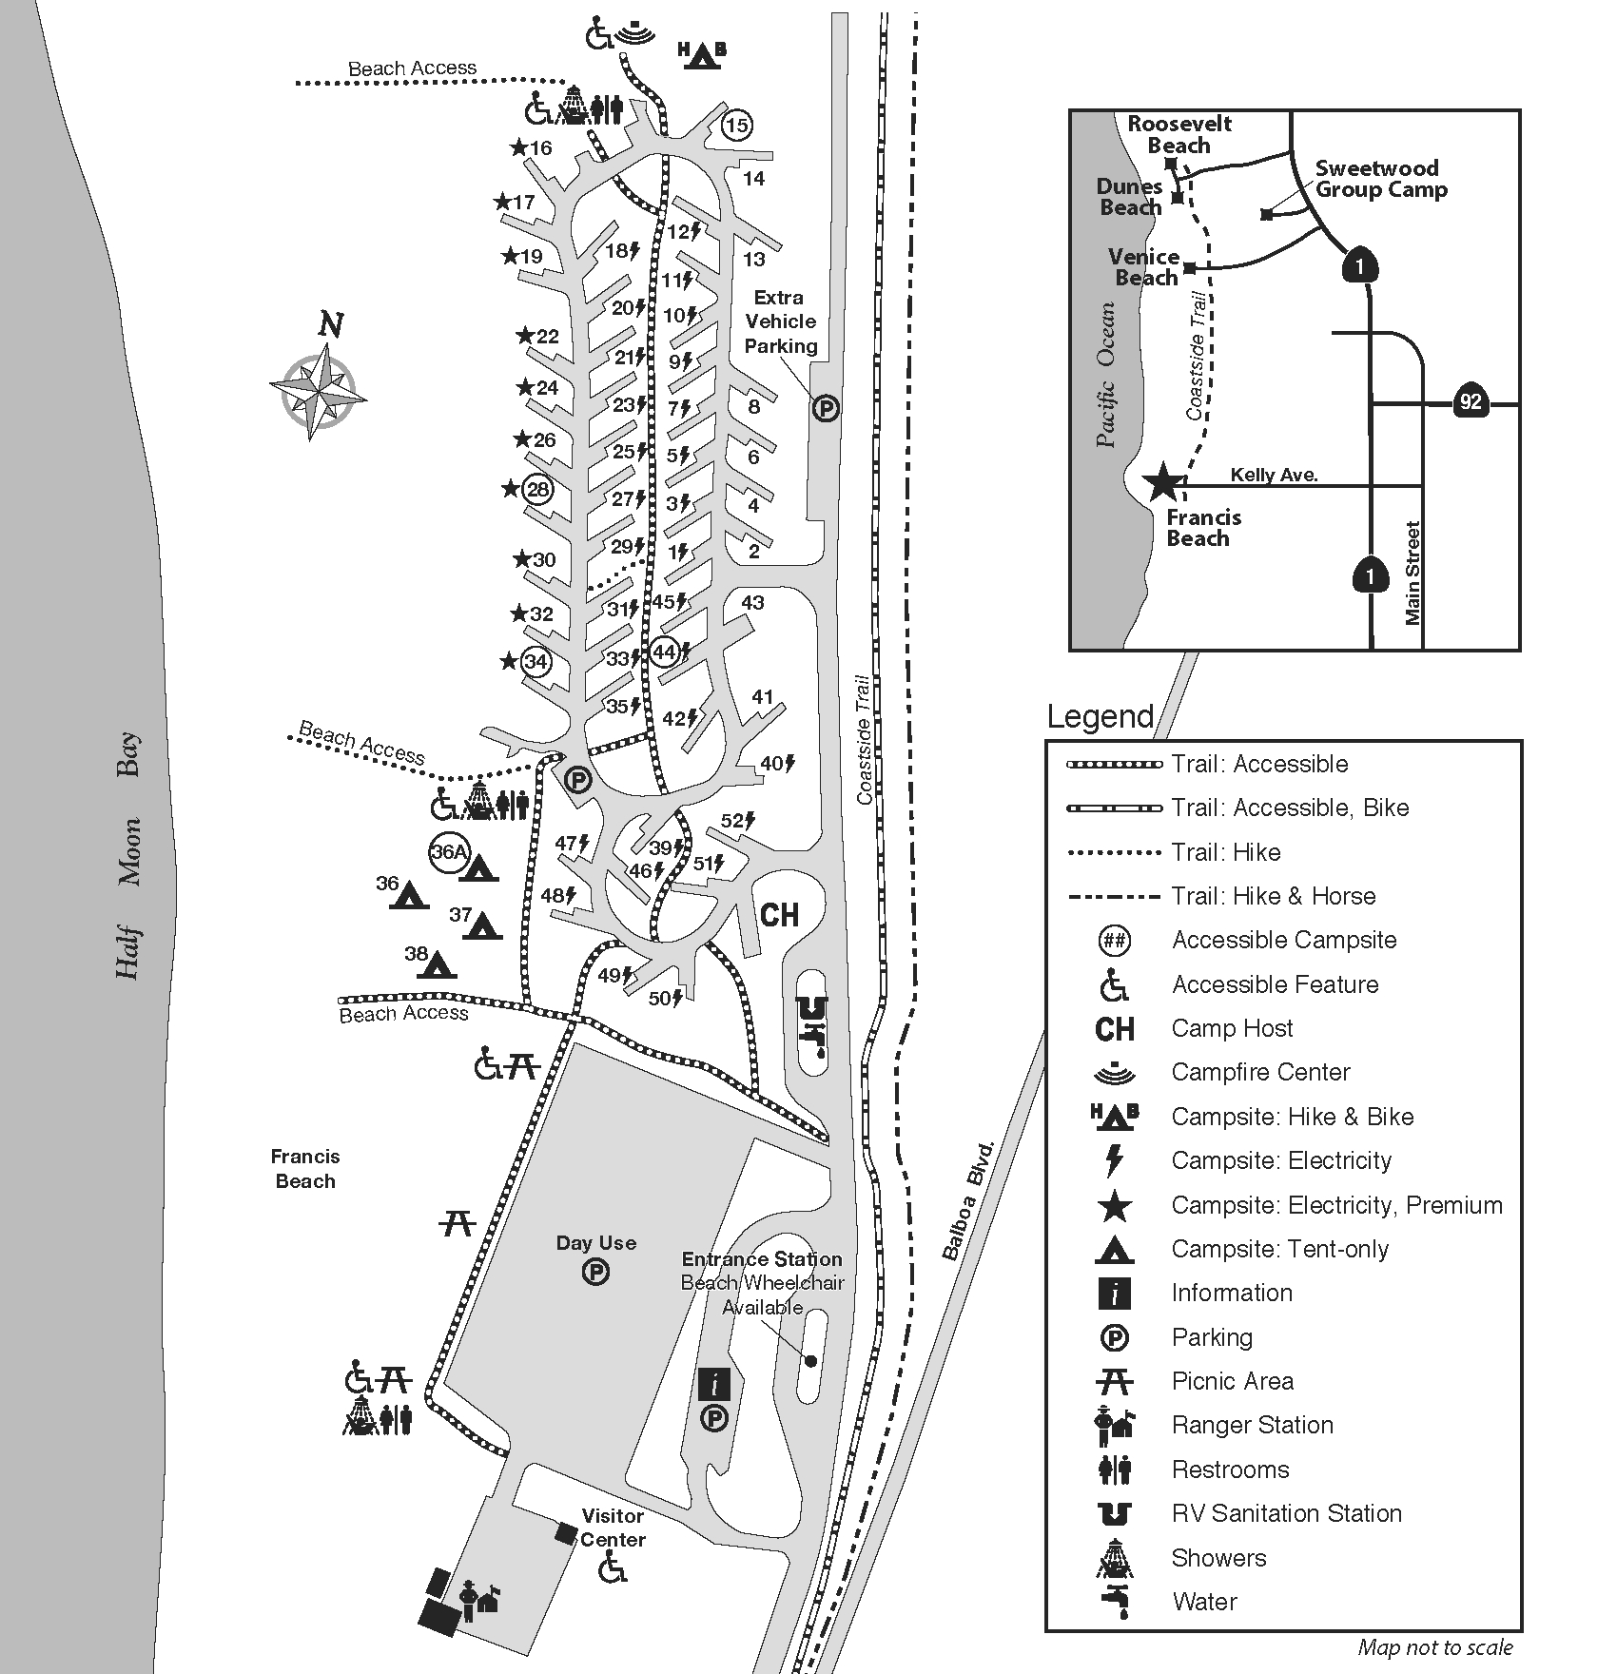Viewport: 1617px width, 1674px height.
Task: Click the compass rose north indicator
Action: point(330,326)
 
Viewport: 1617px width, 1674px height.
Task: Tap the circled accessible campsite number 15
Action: point(736,125)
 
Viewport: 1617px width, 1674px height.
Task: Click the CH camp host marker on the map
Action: point(779,915)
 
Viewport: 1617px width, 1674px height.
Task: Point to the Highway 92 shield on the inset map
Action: point(1471,401)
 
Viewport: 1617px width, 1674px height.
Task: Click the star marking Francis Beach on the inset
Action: point(1163,482)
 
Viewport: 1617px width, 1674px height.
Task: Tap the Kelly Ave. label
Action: point(1274,475)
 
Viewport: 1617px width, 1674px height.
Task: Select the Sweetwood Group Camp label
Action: point(1380,179)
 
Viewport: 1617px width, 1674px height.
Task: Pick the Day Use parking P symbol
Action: point(595,1272)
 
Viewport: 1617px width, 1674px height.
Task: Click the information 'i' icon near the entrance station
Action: point(713,1385)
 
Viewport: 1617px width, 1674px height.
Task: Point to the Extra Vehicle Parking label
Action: point(780,321)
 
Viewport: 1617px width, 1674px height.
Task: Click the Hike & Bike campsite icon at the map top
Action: point(702,54)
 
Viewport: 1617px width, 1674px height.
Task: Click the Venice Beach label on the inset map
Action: point(1144,267)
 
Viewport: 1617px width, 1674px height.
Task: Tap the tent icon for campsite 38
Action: point(438,964)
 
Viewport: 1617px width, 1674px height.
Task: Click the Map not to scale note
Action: point(1434,1647)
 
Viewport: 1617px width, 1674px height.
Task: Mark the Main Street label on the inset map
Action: point(1412,573)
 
